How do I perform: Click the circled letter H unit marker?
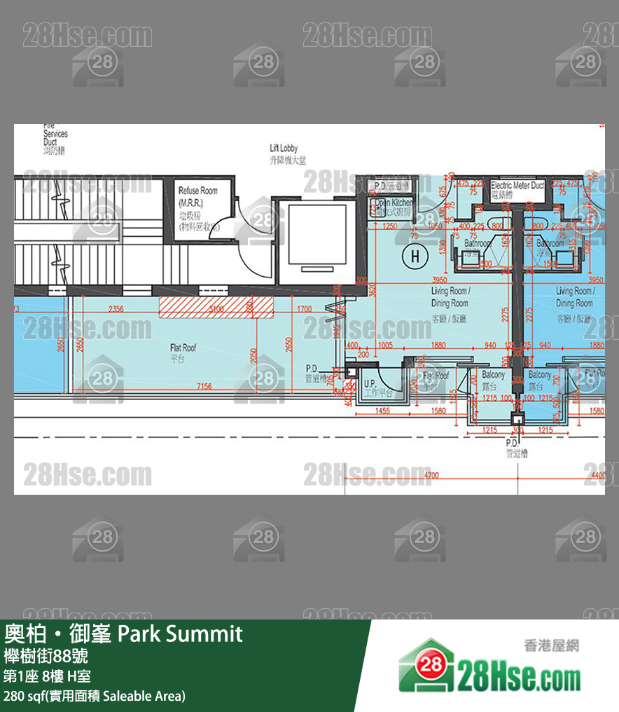pyautogui.click(x=415, y=256)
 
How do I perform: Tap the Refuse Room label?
pyautogui.click(x=197, y=191)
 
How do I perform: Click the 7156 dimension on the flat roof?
pyautogui.click(x=204, y=386)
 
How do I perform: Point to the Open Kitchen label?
pyautogui.click(x=394, y=203)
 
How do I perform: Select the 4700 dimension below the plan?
pyautogui.click(x=432, y=476)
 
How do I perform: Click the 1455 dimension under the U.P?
pyautogui.click(x=382, y=411)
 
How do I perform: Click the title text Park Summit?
pyautogui.click(x=179, y=634)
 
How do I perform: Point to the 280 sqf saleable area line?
pyautogui.click(x=95, y=696)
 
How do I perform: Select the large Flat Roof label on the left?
pyautogui.click(x=183, y=352)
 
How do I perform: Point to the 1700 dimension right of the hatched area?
pyautogui.click(x=305, y=309)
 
